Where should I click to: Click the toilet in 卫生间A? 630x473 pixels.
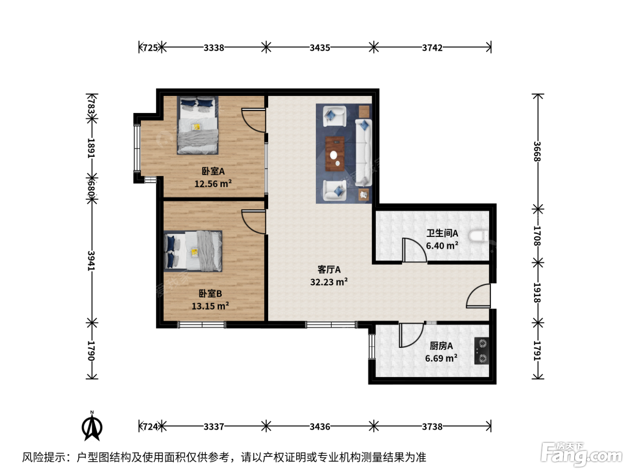click(478, 236)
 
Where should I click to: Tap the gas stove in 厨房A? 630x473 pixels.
click(481, 350)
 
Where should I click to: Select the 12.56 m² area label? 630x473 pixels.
click(213, 184)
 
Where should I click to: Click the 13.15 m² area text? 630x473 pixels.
click(210, 306)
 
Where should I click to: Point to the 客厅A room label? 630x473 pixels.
click(329, 269)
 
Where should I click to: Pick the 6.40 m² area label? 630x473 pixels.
click(442, 246)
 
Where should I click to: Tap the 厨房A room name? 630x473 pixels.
click(441, 346)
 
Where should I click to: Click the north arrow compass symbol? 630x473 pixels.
click(92, 426)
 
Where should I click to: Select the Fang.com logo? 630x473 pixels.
click(581, 455)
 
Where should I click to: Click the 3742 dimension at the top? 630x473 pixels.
click(432, 48)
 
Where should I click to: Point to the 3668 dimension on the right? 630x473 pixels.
click(537, 151)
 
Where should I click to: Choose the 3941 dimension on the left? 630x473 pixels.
click(91, 260)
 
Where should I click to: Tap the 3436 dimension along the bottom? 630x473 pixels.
click(320, 427)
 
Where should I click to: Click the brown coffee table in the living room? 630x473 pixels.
click(335, 154)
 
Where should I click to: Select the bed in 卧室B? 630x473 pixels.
click(193, 251)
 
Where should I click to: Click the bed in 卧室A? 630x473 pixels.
click(198, 125)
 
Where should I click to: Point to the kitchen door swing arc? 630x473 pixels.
click(411, 335)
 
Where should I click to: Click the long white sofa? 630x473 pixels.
click(364, 153)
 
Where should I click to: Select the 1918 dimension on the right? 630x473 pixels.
click(537, 293)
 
